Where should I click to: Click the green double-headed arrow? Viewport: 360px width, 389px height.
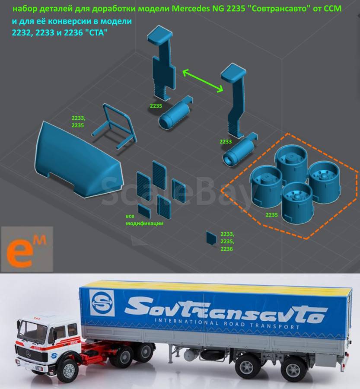coord(203,81)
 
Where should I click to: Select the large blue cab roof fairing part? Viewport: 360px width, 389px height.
coord(78,160)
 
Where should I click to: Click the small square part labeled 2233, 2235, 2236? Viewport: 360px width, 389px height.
coord(211,238)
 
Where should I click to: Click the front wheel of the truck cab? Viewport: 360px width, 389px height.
coord(69,370)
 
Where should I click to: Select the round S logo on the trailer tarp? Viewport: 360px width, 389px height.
coord(102,303)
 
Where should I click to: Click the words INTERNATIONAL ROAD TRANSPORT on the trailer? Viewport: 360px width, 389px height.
coord(227,323)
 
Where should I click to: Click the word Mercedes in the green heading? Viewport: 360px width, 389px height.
coord(191,9)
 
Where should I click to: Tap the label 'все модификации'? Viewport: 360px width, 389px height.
coord(144,220)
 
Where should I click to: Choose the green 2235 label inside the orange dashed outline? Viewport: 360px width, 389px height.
coord(272,215)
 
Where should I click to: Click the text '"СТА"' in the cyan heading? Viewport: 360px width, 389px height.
coord(97,32)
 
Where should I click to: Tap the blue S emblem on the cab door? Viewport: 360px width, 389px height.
coord(54,356)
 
